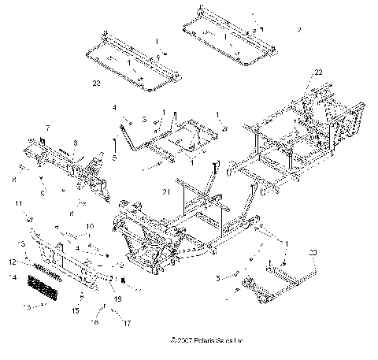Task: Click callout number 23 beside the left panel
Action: tap(96, 81)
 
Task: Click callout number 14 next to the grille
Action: tap(12, 278)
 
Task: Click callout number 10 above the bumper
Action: tap(88, 226)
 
